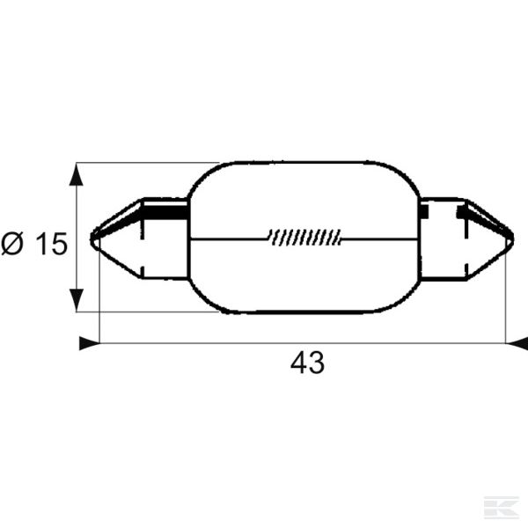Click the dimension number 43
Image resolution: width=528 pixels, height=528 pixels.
(x=307, y=363)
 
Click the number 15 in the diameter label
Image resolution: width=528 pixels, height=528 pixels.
(x=51, y=244)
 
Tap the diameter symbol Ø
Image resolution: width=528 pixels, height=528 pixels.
(x=12, y=244)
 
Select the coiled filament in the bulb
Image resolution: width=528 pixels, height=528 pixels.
(x=305, y=237)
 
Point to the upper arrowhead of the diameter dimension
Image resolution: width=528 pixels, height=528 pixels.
(x=77, y=174)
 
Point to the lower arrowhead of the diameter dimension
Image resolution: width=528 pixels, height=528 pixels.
(x=77, y=300)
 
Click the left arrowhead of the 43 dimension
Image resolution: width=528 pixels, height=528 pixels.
(x=90, y=343)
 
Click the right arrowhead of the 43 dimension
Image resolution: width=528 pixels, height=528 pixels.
(x=517, y=343)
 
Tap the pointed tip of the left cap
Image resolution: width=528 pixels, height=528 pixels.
(x=92, y=239)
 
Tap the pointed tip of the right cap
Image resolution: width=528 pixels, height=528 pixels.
(x=513, y=239)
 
